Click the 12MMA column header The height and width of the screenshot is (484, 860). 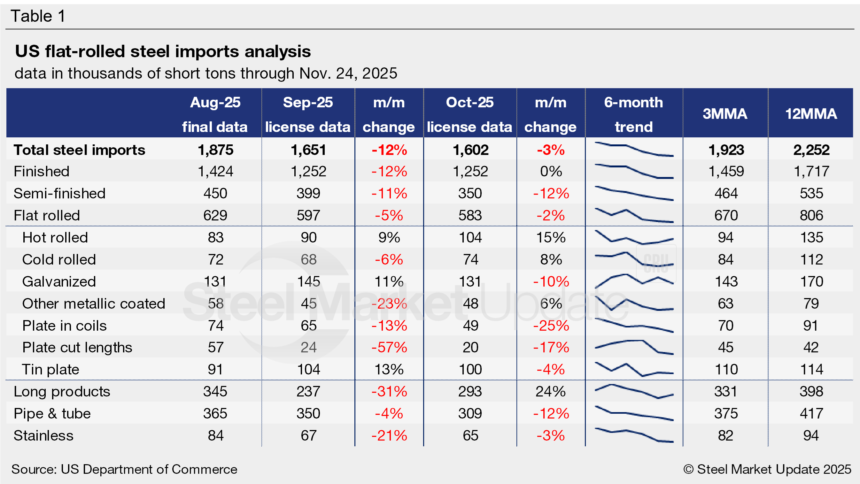click(x=810, y=114)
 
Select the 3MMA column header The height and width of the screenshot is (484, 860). click(x=725, y=114)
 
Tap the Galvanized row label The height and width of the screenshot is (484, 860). click(x=59, y=281)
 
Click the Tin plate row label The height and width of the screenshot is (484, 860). click(x=51, y=370)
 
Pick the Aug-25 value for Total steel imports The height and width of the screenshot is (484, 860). click(x=215, y=150)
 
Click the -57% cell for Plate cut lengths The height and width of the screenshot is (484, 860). click(x=389, y=348)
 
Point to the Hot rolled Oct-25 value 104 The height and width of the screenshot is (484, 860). click(x=470, y=237)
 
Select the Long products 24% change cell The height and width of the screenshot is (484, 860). click(x=551, y=392)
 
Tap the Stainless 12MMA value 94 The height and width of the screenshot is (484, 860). click(x=811, y=436)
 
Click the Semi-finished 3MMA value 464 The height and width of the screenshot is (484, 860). click(x=726, y=193)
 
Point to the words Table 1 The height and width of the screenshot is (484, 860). click(x=38, y=16)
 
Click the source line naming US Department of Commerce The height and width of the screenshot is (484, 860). click(x=124, y=469)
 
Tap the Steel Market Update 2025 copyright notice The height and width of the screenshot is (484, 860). click(x=767, y=469)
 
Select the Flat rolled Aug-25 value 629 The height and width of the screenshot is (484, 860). click(x=215, y=215)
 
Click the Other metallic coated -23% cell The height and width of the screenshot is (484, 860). click(x=389, y=303)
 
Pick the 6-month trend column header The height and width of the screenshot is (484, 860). click(x=633, y=114)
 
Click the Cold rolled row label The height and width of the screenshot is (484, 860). click(x=59, y=259)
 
